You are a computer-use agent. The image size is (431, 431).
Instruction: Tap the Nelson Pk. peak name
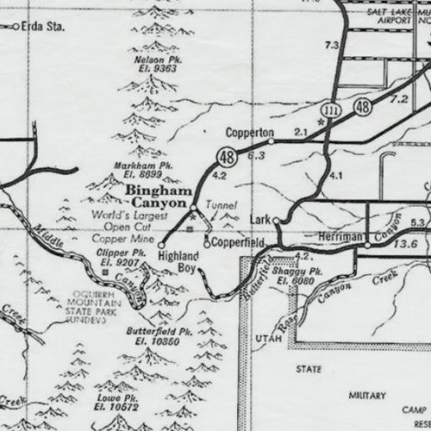click(x=156, y=59)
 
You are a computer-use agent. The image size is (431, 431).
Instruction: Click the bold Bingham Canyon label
click(x=155, y=195)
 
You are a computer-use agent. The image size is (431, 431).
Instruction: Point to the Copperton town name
click(x=247, y=133)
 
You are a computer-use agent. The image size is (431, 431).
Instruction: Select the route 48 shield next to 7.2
click(x=362, y=106)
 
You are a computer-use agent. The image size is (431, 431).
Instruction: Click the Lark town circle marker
click(x=277, y=221)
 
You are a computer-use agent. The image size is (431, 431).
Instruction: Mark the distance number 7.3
click(x=331, y=44)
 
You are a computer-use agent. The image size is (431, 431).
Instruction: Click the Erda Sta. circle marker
click(x=16, y=28)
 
